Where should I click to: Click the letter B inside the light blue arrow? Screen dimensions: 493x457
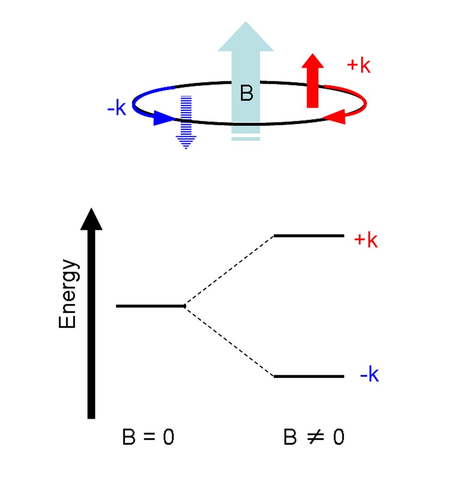[246, 93]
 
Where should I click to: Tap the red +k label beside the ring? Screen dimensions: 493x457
[358, 65]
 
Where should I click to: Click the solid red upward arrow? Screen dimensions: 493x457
[312, 81]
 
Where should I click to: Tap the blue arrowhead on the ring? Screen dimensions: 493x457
[165, 118]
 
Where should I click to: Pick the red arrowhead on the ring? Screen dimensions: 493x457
[335, 117]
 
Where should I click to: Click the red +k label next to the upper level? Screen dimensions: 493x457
[365, 240]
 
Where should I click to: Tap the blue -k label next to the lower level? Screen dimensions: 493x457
[369, 375]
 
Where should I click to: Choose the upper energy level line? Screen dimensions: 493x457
[308, 236]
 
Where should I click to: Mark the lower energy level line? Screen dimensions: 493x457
[308, 376]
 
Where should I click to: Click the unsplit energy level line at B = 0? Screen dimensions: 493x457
[150, 306]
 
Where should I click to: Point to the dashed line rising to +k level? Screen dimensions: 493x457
[229, 271]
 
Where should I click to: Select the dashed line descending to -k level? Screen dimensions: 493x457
[229, 341]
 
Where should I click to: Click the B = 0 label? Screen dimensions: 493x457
[148, 437]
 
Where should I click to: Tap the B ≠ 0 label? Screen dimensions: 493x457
[313, 437]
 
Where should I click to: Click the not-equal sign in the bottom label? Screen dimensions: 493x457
[315, 437]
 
